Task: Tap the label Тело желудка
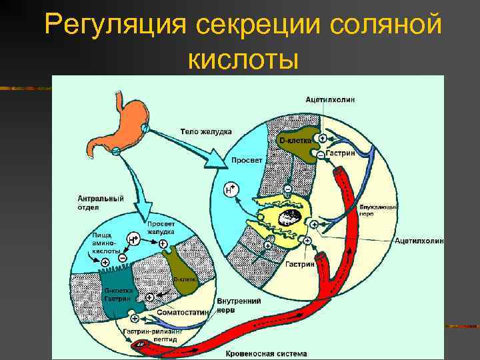[206, 131]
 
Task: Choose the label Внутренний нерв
[238, 305]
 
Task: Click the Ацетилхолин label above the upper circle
[330, 99]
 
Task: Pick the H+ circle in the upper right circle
[231, 189]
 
